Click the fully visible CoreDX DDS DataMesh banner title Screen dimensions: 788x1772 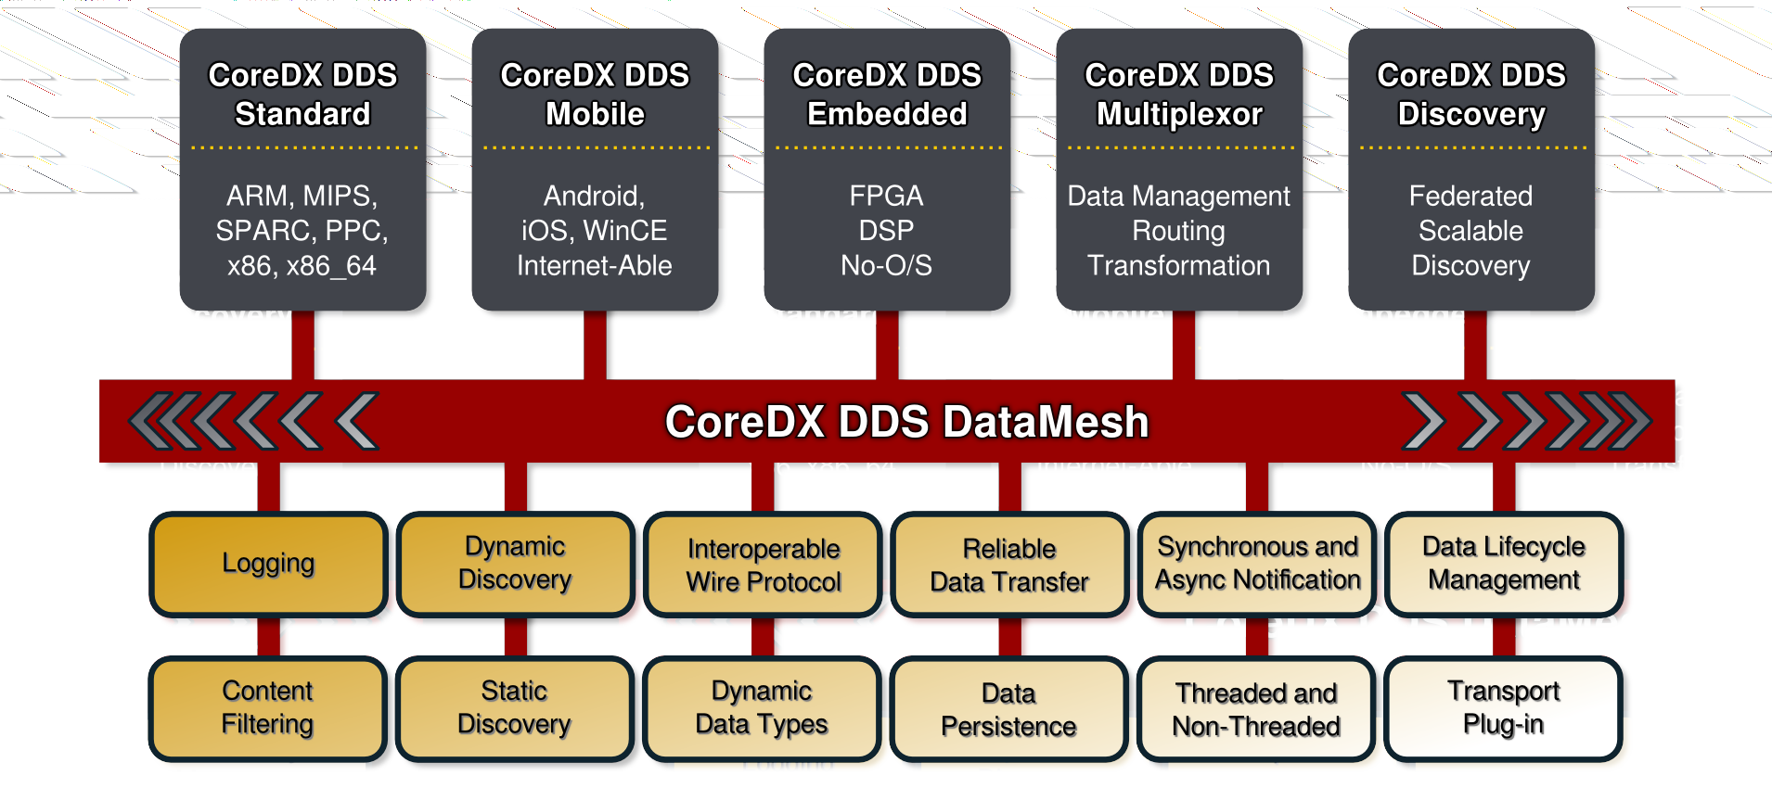point(906,422)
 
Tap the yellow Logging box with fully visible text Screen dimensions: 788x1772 point(268,564)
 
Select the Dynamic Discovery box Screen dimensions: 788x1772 point(515,564)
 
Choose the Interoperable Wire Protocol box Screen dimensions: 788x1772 point(763,566)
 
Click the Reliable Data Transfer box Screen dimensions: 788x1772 point(1009,566)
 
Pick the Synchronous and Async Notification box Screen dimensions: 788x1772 point(1257,564)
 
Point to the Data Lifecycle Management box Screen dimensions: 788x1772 point(1504,564)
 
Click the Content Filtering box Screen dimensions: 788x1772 point(268,707)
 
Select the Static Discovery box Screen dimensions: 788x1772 point(515,707)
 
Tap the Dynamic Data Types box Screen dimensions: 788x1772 point(762,707)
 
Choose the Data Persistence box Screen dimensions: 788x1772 point(1008,710)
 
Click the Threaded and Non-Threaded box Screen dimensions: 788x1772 point(1256,710)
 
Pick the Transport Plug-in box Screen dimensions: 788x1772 point(1504,707)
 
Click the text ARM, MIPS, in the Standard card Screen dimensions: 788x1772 point(302,197)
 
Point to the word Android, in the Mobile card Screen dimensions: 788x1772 point(594,197)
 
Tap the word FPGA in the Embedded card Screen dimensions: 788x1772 point(886,197)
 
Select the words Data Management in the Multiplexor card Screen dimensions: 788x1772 point(1178,197)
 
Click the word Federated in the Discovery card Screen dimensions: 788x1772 point(1470,197)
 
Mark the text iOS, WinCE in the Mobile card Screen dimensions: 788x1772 point(594,231)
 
